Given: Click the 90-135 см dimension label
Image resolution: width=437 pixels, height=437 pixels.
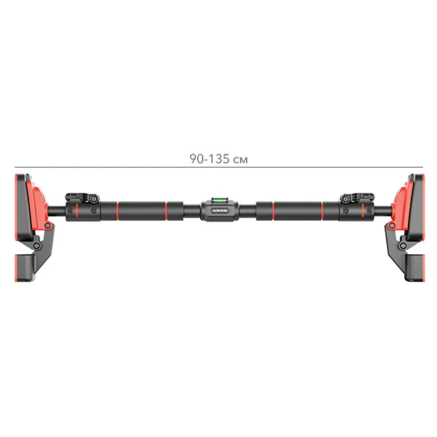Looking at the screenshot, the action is (x=219, y=159).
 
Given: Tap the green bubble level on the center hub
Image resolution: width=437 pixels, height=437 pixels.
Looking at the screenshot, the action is (x=219, y=200).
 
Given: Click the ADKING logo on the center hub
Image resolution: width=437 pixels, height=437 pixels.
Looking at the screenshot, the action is (x=220, y=210).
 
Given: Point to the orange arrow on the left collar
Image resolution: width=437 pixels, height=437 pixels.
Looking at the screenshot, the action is (x=77, y=210).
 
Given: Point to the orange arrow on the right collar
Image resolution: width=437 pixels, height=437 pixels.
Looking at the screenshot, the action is (x=363, y=210).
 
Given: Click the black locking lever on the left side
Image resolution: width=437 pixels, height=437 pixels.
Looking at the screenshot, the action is (x=82, y=197).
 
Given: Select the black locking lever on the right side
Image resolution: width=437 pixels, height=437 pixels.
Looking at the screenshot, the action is (x=357, y=197).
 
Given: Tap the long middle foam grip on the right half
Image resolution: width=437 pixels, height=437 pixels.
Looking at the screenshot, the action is (x=298, y=210).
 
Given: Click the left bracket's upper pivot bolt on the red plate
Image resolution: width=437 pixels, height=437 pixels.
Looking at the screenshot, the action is (x=47, y=225).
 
